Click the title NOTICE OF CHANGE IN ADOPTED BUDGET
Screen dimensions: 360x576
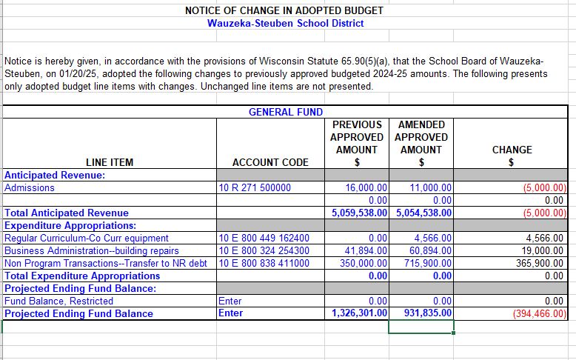point(285,10)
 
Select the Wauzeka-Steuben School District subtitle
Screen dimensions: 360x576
point(285,23)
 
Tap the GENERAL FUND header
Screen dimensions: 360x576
point(285,112)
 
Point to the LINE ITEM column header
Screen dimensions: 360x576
point(109,162)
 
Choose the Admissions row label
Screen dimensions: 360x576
point(30,188)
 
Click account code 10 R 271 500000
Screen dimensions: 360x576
point(254,188)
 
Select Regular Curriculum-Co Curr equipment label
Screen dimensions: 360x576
point(87,239)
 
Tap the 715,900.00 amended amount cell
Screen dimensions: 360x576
point(428,264)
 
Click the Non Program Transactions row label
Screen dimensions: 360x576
point(106,264)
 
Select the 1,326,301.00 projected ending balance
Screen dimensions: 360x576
point(360,313)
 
